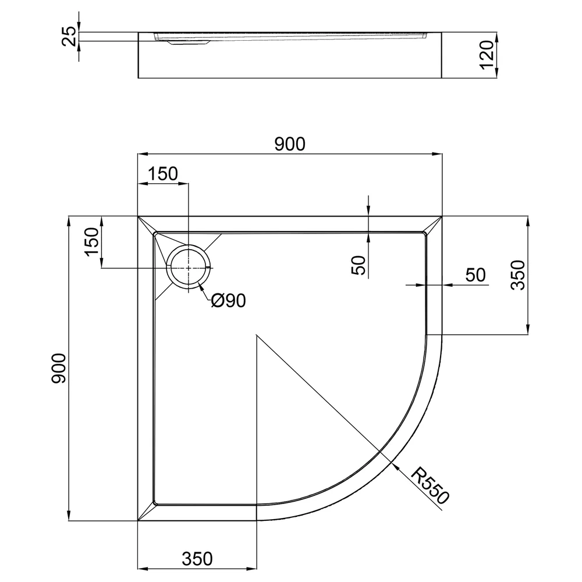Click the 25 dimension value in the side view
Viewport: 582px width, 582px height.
point(70,36)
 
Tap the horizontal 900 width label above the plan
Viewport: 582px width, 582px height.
point(290,144)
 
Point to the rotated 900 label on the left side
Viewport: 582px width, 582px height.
point(59,368)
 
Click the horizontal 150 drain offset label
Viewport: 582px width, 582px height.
point(163,173)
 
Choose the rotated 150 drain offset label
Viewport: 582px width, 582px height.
point(92,242)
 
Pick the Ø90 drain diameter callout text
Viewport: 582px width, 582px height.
point(228,300)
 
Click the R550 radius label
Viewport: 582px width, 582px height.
point(430,485)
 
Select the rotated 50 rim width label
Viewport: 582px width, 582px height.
point(359,265)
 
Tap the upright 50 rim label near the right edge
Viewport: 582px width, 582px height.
point(475,275)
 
